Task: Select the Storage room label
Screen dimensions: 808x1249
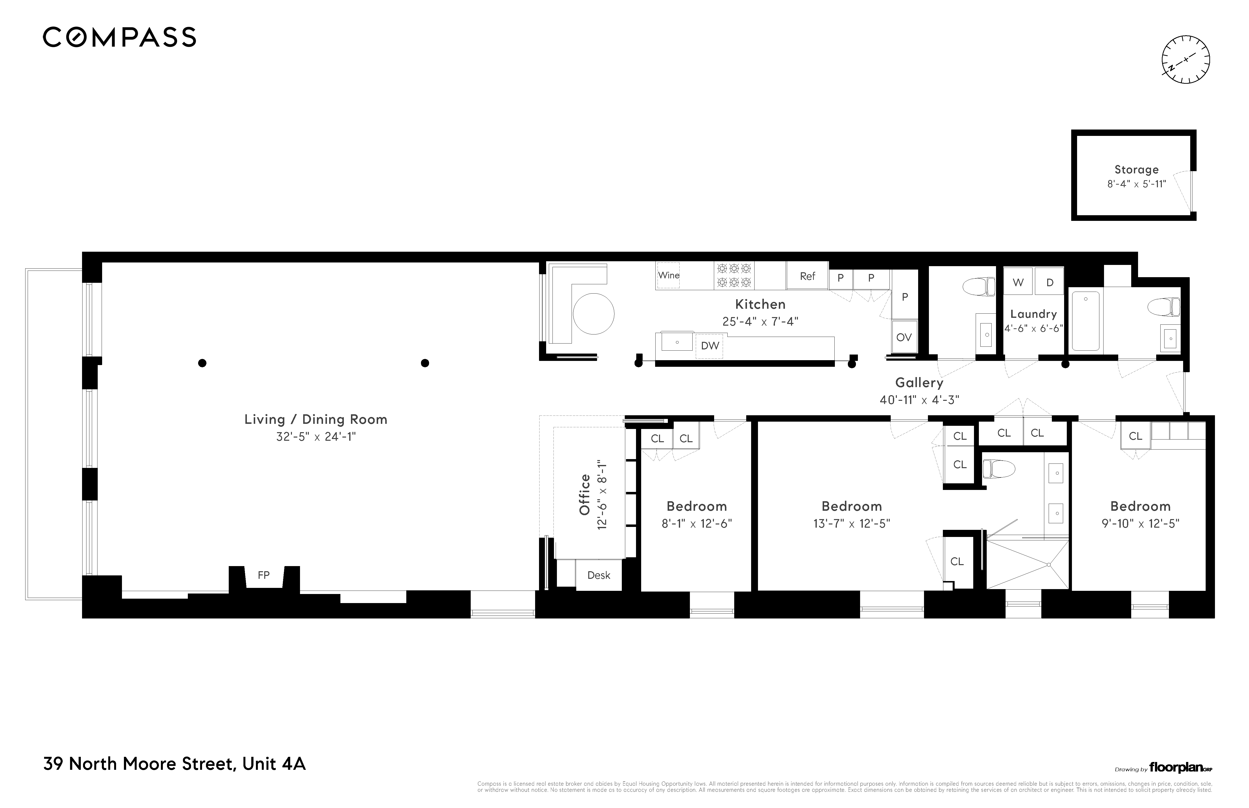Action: tap(1136, 169)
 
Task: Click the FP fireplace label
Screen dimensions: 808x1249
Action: tap(264, 575)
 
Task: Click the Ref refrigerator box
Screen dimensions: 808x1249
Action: tap(807, 276)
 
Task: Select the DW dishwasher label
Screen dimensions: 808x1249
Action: tap(709, 346)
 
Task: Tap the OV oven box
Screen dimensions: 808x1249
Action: tap(904, 337)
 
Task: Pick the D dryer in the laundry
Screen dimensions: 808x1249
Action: tap(1050, 282)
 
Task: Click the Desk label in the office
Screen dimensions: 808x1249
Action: tap(598, 575)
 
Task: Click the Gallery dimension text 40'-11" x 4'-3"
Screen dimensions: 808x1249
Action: tap(919, 400)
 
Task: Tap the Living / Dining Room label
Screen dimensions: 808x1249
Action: tap(315, 419)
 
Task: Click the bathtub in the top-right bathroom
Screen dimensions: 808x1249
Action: tap(1085, 321)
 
